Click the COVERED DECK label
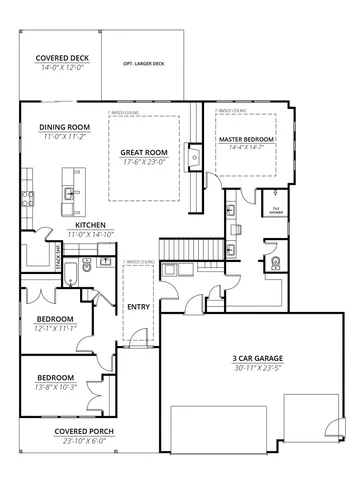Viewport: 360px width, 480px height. pos(61,59)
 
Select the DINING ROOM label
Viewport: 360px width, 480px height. pos(65,127)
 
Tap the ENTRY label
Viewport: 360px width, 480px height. pos(138,306)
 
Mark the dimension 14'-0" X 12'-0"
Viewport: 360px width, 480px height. pos(61,68)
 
